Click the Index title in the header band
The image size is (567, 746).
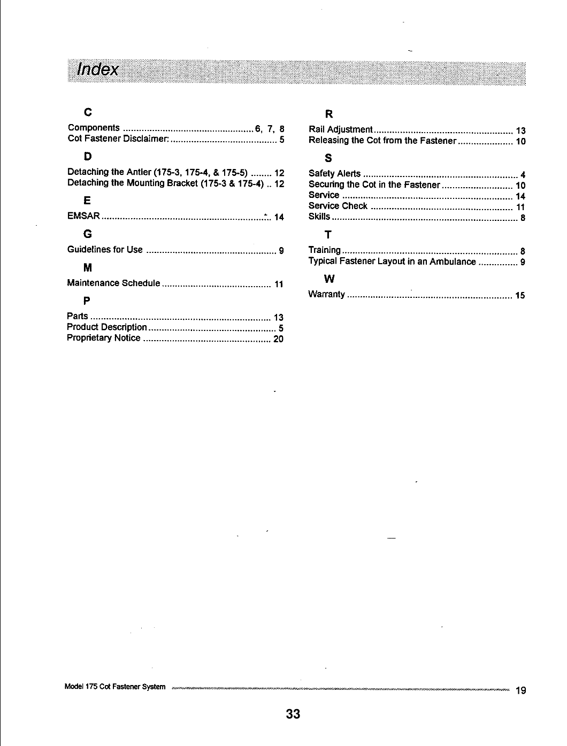tap(97, 70)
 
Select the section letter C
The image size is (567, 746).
tap(88, 112)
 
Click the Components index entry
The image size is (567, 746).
tap(94, 128)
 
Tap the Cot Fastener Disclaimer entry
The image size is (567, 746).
tap(118, 139)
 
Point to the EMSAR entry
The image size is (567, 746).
tap(83, 217)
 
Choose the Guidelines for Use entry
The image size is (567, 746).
tap(105, 250)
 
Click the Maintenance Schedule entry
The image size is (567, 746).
tap(113, 283)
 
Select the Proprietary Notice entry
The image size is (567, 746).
tap(103, 338)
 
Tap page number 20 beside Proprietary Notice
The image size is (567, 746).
tap(278, 339)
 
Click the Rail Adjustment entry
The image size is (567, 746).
tap(340, 129)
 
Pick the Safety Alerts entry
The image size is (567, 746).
tap(334, 173)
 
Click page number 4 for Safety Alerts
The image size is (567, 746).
tap(523, 175)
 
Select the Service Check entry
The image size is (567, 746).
tap(338, 206)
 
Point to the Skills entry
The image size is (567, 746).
tap(319, 217)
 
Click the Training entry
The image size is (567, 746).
tap(324, 250)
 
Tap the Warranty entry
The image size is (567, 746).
tap(326, 295)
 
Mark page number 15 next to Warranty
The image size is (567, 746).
tap(520, 295)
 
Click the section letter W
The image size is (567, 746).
tap(330, 279)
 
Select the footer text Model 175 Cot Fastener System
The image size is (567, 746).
tap(114, 687)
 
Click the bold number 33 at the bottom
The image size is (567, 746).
tap(293, 714)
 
